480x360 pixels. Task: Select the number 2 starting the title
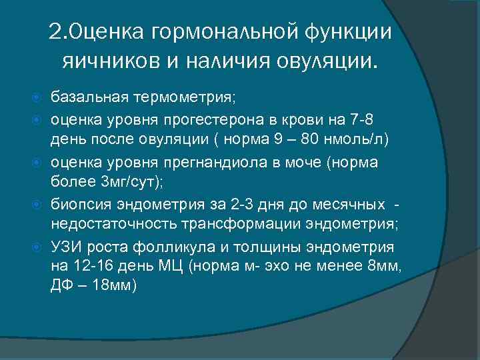(x=55, y=33)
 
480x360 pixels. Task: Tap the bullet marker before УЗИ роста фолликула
(x=37, y=246)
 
